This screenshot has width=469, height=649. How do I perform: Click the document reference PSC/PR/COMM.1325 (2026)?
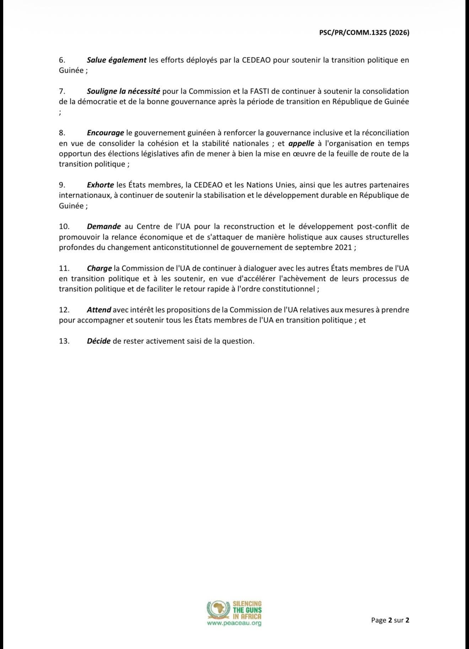pyautogui.click(x=363, y=33)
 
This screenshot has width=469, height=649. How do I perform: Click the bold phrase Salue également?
pyautogui.click(x=117, y=60)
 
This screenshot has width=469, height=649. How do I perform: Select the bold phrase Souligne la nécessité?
pyautogui.click(x=123, y=91)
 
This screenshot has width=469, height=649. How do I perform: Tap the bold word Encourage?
pyautogui.click(x=105, y=133)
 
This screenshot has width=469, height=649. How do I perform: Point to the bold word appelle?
pyautogui.click(x=301, y=143)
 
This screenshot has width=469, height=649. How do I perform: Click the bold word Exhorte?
pyautogui.click(x=100, y=185)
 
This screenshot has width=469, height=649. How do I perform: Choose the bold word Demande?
pyautogui.click(x=104, y=226)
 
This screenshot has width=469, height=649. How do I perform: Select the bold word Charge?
pyautogui.click(x=99, y=268)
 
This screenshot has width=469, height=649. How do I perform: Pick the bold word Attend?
pyautogui.click(x=99, y=310)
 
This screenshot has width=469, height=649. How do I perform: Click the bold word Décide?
pyautogui.click(x=98, y=341)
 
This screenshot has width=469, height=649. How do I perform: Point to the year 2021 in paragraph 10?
pyautogui.click(x=343, y=247)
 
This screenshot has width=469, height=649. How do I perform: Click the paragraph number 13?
pyautogui.click(x=64, y=341)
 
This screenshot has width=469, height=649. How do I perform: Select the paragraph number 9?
pyautogui.click(x=62, y=185)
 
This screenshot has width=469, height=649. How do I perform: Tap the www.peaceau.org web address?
pyautogui.click(x=234, y=623)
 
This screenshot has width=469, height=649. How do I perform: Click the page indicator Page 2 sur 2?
pyautogui.click(x=390, y=620)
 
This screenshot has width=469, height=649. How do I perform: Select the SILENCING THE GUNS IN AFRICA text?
pyautogui.click(x=247, y=610)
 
